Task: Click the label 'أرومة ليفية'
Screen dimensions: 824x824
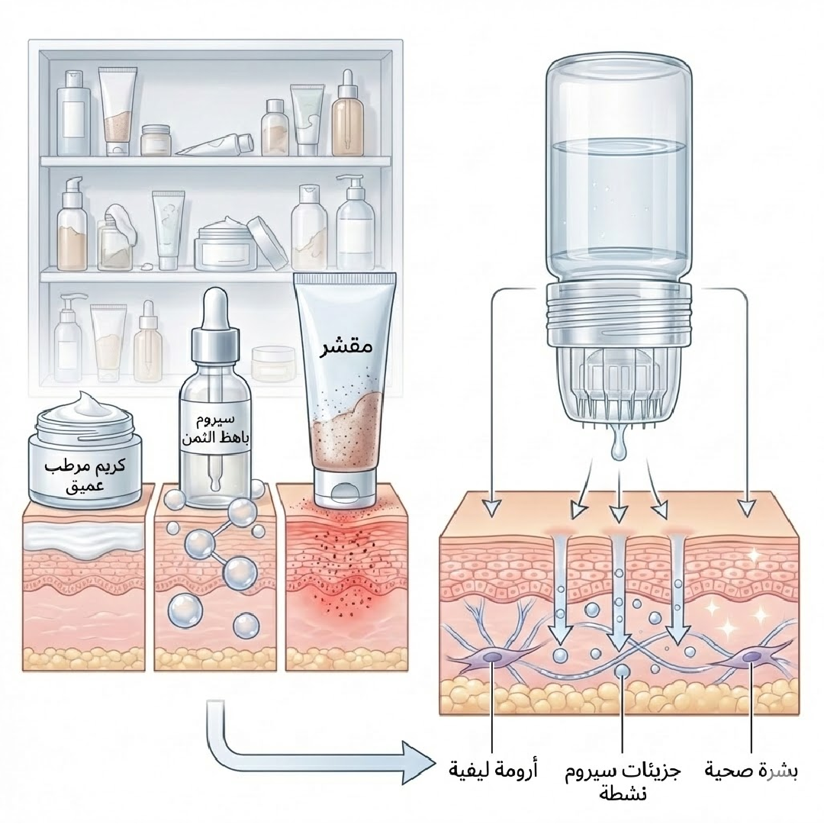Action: (493, 771)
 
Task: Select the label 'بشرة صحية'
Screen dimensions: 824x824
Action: (752, 771)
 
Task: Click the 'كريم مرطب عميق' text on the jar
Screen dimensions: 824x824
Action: (83, 473)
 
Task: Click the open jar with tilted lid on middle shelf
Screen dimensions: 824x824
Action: (229, 242)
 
